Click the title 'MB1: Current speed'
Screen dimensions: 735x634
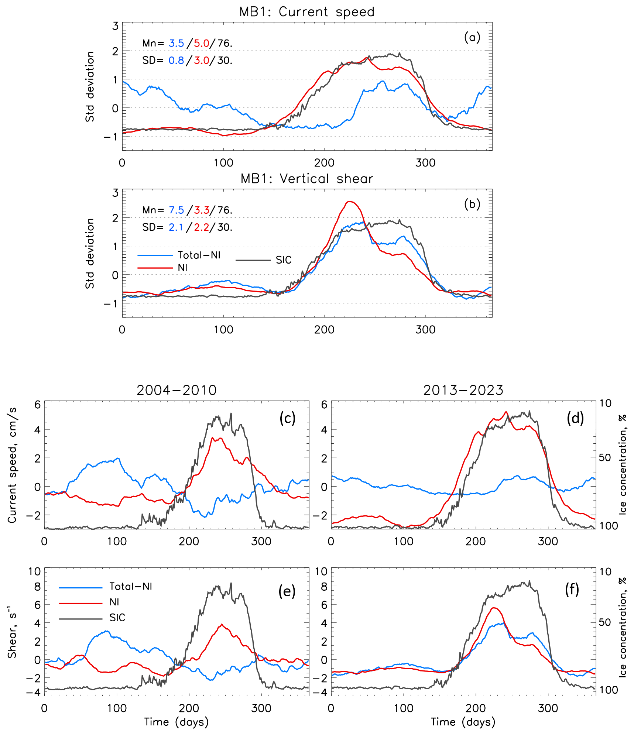[306, 12]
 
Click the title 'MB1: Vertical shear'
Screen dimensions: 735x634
[306, 179]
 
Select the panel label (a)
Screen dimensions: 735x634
[472, 37]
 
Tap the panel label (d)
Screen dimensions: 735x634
[575, 418]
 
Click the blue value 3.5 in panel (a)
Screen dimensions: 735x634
[177, 44]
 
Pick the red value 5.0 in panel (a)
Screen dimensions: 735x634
[202, 44]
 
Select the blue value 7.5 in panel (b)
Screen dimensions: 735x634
[177, 210]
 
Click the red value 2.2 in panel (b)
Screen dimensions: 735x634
[202, 227]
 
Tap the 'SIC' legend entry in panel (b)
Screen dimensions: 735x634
[283, 260]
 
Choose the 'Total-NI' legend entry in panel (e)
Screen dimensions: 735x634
[131, 586]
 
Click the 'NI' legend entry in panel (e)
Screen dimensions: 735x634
[114, 602]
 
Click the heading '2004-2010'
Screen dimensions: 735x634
[177, 390]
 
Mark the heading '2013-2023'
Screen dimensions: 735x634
[463, 390]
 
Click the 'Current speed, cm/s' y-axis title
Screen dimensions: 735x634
[13, 465]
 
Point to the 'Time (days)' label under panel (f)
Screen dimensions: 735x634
[463, 722]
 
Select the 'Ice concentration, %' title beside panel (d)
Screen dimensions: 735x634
[623, 464]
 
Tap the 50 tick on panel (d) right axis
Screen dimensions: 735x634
[605, 457]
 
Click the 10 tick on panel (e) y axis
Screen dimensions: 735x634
[35, 571]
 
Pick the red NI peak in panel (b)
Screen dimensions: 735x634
[350, 202]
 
